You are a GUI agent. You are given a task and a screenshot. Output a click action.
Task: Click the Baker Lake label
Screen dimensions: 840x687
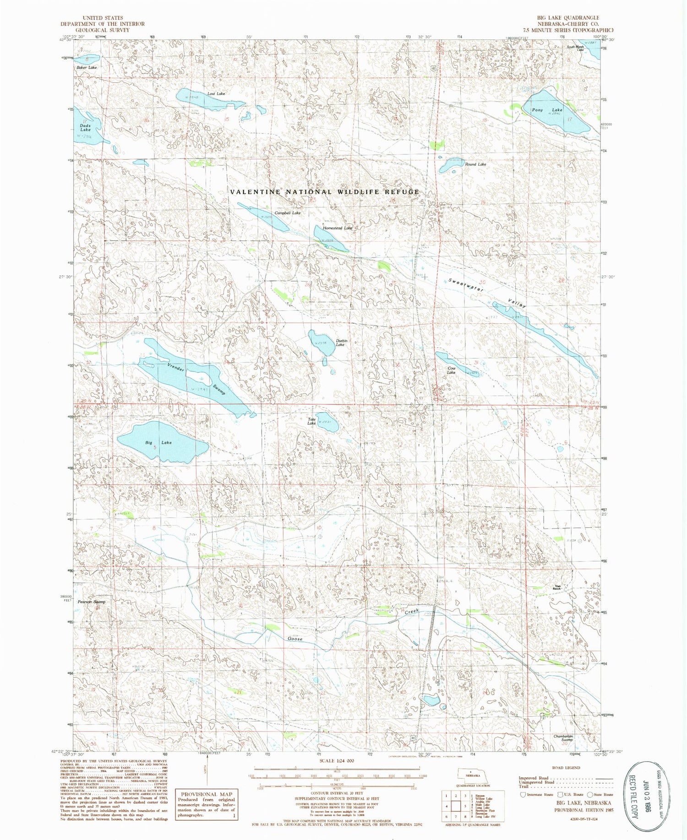pyautogui.click(x=87, y=67)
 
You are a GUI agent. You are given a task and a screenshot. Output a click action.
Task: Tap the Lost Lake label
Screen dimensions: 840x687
pyautogui.click(x=216, y=94)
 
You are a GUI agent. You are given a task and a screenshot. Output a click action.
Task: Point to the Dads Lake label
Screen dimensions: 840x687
pyautogui.click(x=85, y=127)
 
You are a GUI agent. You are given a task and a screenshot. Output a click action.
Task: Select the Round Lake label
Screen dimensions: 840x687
pyautogui.click(x=475, y=164)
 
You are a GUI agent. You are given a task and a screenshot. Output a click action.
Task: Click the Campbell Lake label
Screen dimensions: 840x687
pyautogui.click(x=288, y=213)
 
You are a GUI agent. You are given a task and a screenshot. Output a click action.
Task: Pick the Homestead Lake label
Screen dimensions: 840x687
pyautogui.click(x=338, y=228)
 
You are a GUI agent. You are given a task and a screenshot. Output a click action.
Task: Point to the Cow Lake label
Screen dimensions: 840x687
pyautogui.click(x=452, y=370)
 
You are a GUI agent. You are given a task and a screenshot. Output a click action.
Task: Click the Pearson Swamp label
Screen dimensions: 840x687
pyautogui.click(x=91, y=602)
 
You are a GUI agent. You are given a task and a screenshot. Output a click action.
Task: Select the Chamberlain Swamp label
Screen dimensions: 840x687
pyautogui.click(x=563, y=738)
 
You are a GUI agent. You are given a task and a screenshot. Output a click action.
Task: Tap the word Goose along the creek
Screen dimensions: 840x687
pyautogui.click(x=295, y=638)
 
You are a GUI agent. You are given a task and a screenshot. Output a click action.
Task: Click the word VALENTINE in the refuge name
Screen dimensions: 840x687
pyautogui.click(x=256, y=192)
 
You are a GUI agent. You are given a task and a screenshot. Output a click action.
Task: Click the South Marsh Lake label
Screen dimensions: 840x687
pyautogui.click(x=575, y=48)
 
